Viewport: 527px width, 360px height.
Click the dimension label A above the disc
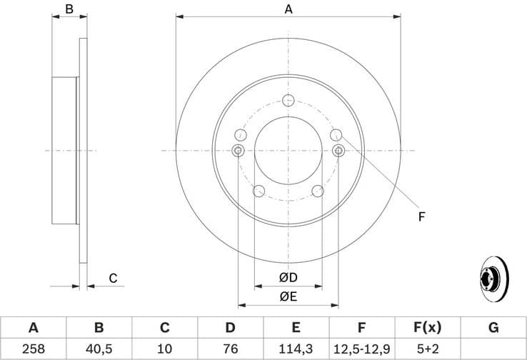pos(288,9)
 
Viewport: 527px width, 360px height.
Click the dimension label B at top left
pos(69,9)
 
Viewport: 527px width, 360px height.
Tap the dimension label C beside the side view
pos(113,279)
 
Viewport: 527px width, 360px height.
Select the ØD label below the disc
pos(288,278)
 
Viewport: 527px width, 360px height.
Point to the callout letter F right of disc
pos(421,216)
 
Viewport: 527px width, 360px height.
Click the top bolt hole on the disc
pos(288,100)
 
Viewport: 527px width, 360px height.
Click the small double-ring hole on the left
pos(239,150)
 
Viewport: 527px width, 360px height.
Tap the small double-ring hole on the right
pos(339,150)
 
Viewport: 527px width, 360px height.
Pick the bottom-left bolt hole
pos(259,191)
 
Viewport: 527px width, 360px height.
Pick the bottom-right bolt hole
pos(318,191)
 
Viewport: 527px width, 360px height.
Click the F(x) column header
pos(427,328)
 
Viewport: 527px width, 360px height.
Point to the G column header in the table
pos(493,328)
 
